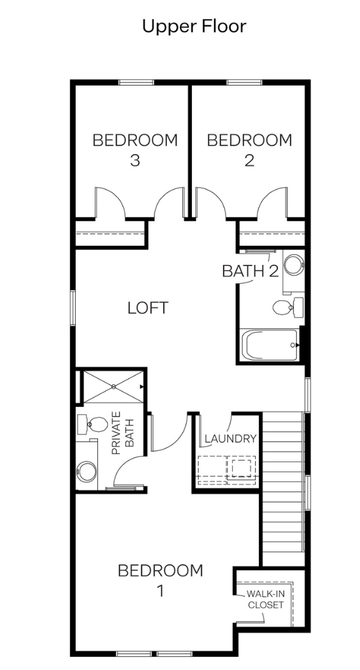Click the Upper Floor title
tap(194, 27)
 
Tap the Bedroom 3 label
tap(135, 150)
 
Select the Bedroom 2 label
tap(250, 150)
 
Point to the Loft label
tap(148, 308)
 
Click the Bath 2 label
tap(251, 271)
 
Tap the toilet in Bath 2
tap(288, 306)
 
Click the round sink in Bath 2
tap(294, 265)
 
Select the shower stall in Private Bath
tap(114, 386)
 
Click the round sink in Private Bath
tap(87, 471)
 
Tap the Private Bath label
tap(122, 432)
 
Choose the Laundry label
tap(230, 439)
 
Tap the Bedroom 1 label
tap(160, 581)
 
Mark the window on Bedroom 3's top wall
tap(136, 83)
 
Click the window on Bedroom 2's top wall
tap(244, 83)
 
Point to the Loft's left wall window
tap(73, 308)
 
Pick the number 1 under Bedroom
tap(161, 591)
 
